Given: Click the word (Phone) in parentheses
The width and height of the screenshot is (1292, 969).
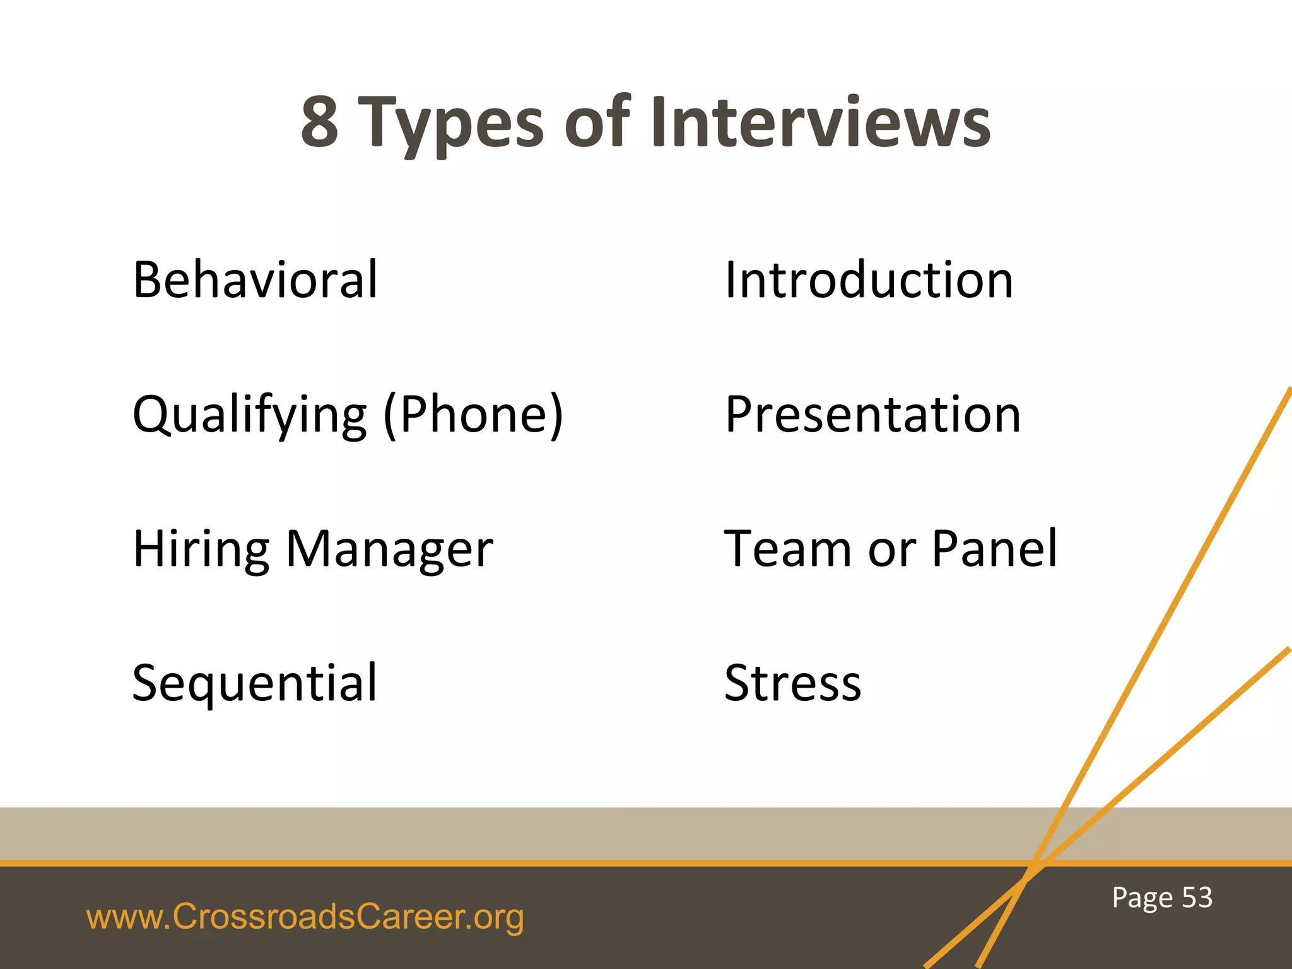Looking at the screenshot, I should pos(473,415).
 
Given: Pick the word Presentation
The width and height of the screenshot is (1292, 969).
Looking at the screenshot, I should pos(872,414).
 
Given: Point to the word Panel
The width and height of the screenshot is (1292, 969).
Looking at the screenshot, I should pos(994,548).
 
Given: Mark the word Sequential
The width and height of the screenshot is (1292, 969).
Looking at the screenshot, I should pos(255,684).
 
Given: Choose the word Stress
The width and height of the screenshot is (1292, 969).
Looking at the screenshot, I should pos(793,683).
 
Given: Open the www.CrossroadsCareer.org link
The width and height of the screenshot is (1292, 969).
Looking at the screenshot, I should pos(305,917).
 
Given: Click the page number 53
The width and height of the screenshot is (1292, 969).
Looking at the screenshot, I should pos(1197,897).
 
